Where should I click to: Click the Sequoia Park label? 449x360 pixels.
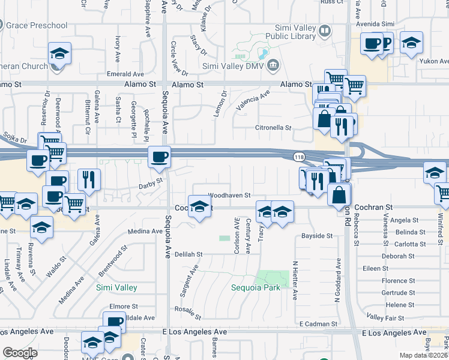point(256,287)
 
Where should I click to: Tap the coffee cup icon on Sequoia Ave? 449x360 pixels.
point(159,157)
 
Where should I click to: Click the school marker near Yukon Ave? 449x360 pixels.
point(411,43)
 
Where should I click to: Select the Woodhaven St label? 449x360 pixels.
point(229,196)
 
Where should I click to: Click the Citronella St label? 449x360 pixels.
point(273,128)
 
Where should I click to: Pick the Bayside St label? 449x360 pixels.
point(316,236)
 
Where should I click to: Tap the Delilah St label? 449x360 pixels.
point(189,254)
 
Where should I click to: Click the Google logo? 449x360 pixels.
point(20,353)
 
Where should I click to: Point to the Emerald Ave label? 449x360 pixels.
point(124,74)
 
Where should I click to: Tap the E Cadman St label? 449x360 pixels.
point(318,324)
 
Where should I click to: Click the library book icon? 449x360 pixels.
point(324,31)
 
